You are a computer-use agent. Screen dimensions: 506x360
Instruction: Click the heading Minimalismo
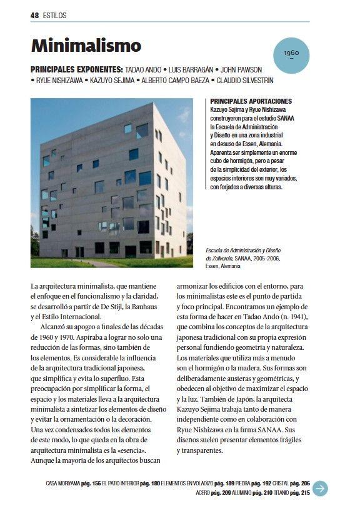click(86, 46)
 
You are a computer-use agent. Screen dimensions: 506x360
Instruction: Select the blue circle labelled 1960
click(291, 53)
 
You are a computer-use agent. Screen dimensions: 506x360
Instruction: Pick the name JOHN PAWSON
click(241, 69)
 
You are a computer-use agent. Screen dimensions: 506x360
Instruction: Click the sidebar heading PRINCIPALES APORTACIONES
click(251, 101)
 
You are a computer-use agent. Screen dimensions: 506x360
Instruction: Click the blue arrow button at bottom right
click(320, 488)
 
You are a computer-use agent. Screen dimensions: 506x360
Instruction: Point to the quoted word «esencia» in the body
click(132, 450)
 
